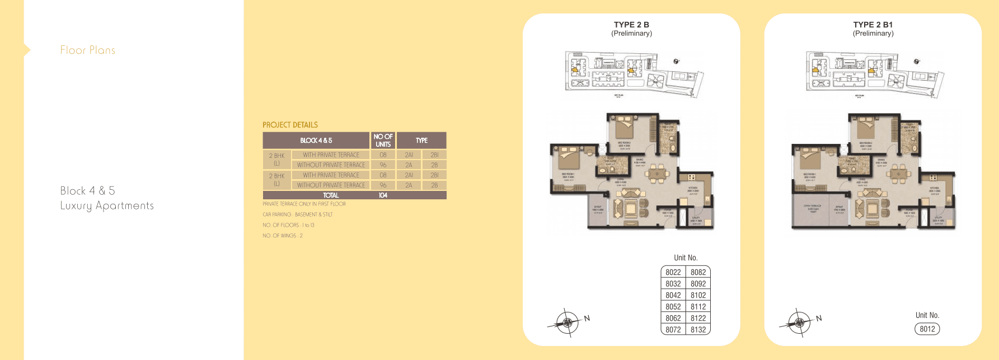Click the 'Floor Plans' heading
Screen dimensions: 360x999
88,50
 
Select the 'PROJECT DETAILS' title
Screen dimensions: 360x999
290,125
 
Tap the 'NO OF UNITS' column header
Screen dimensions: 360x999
383,141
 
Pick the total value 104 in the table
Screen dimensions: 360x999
383,195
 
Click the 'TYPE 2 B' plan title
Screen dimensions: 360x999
631,25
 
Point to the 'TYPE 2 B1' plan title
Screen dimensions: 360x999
873,25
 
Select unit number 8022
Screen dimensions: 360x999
673,272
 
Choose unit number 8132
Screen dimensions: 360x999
698,330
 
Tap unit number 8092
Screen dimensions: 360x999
698,284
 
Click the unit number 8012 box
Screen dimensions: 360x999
927,329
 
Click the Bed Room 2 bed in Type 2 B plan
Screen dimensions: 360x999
625,128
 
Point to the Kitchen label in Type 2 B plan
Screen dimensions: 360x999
692,189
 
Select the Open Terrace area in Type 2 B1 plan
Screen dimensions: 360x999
812,208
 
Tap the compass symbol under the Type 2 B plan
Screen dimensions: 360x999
567,322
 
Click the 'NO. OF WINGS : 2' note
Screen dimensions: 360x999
283,236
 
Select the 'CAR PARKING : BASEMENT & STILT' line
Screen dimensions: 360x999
297,214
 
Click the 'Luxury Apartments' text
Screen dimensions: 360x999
107,206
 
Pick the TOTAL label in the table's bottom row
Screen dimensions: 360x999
331,195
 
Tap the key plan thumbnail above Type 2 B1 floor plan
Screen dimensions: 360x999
873,74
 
